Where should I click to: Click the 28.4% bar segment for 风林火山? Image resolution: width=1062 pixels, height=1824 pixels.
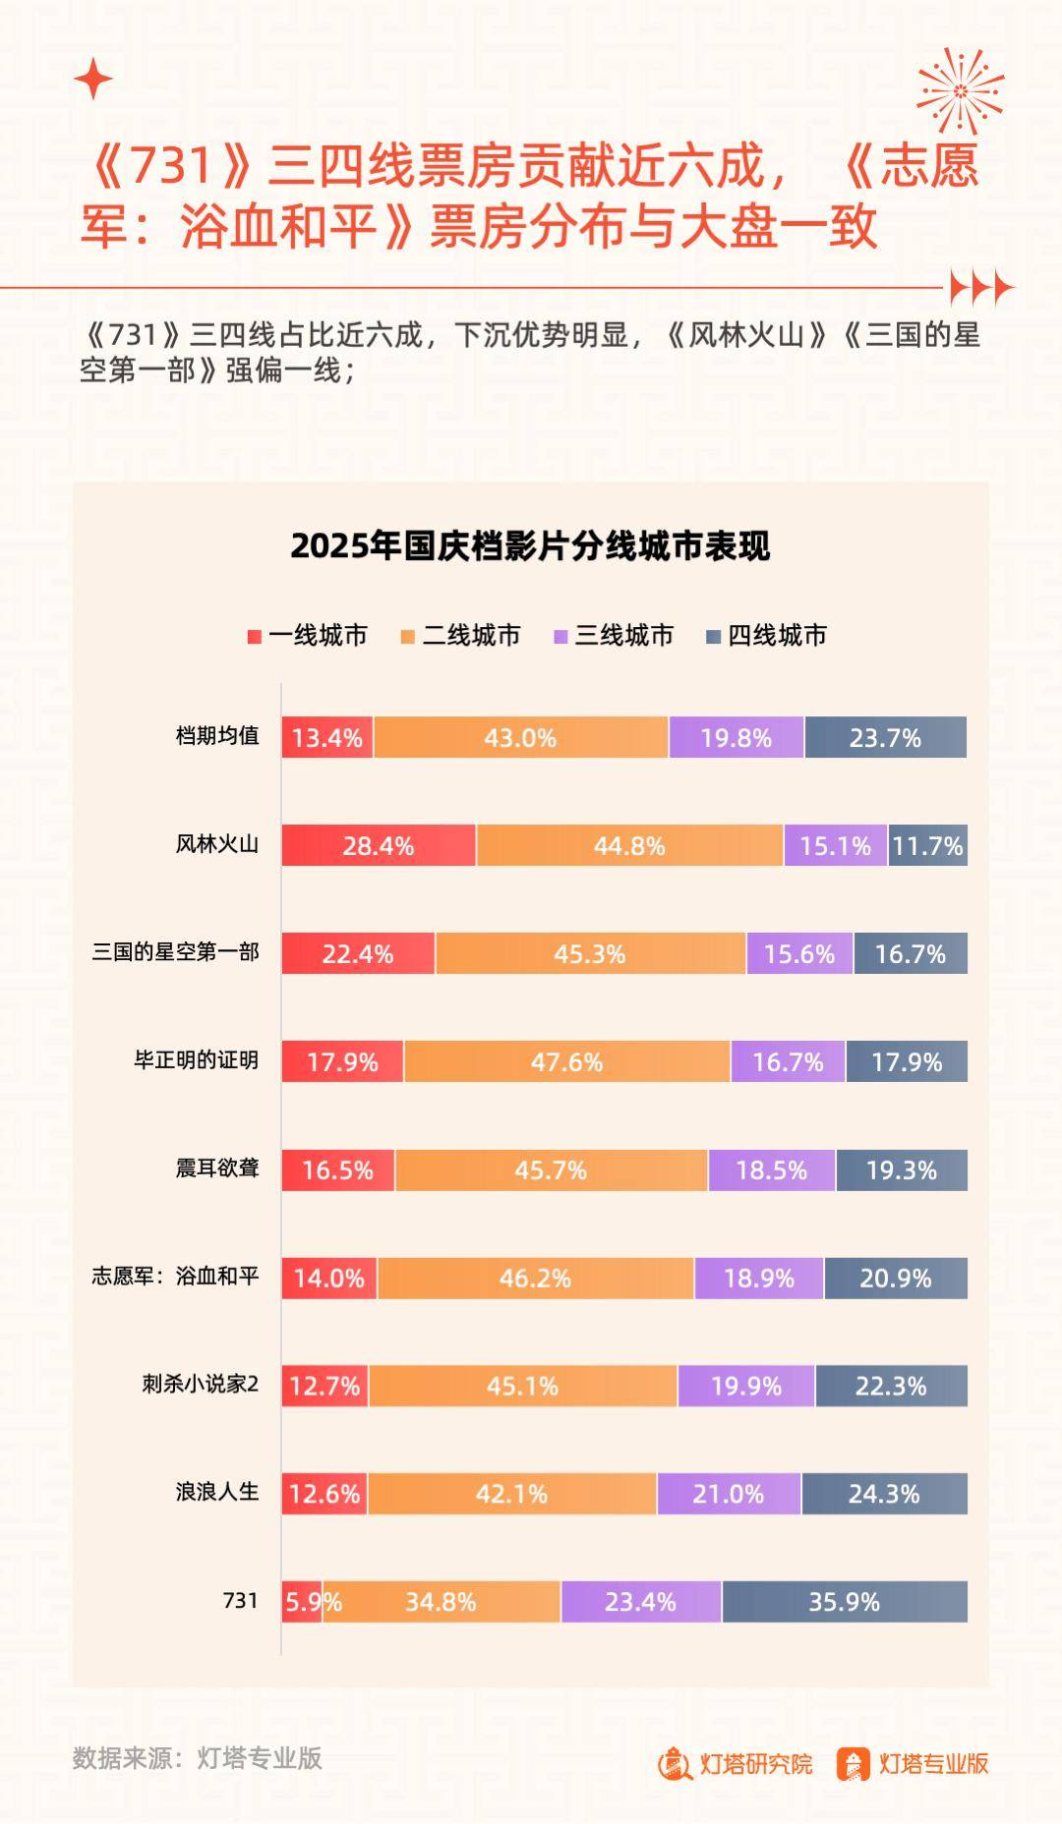(379, 845)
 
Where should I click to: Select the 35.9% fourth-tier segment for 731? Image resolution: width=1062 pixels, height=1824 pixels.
(844, 1602)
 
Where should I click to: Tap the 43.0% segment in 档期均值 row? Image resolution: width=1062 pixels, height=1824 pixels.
(520, 737)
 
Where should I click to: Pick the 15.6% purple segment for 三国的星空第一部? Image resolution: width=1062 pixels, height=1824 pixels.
(799, 953)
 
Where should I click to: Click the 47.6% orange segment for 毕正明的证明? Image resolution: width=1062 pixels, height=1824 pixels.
(566, 1061)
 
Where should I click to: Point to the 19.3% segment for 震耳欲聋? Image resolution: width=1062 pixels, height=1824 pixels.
(901, 1169)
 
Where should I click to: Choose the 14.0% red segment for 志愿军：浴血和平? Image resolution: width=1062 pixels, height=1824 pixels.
(328, 1278)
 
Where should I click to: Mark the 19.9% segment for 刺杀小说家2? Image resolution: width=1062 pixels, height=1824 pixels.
(745, 1386)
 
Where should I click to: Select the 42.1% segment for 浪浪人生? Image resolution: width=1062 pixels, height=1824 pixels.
(511, 1494)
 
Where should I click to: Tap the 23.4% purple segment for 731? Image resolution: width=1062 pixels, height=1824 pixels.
(640, 1602)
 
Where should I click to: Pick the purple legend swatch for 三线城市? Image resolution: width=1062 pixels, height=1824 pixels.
(561, 637)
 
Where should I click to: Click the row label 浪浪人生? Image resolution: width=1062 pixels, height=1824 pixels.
(217, 1492)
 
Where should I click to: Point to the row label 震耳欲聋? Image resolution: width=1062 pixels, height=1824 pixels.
(217, 1168)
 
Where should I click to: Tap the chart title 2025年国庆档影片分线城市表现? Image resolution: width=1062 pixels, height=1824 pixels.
(530, 546)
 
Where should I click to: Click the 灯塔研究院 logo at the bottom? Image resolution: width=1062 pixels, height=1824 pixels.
(736, 1764)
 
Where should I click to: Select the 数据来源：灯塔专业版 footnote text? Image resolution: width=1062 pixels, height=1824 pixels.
(197, 1758)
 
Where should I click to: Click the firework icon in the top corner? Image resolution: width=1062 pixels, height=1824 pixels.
(960, 90)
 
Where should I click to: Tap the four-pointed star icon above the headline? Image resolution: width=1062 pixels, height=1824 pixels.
(93, 79)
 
